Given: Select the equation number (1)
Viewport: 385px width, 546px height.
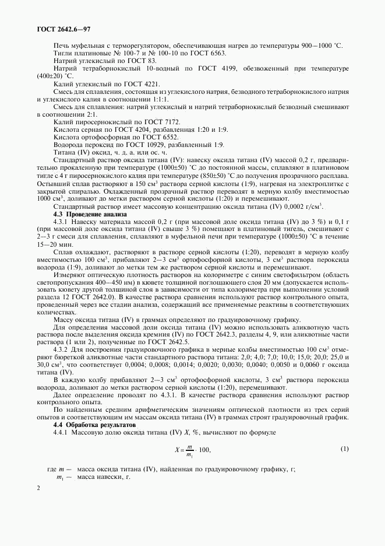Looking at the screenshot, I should point(344,449).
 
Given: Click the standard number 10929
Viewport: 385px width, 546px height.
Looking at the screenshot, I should point(157,144).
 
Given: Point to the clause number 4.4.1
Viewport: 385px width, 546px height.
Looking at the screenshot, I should point(62,433).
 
